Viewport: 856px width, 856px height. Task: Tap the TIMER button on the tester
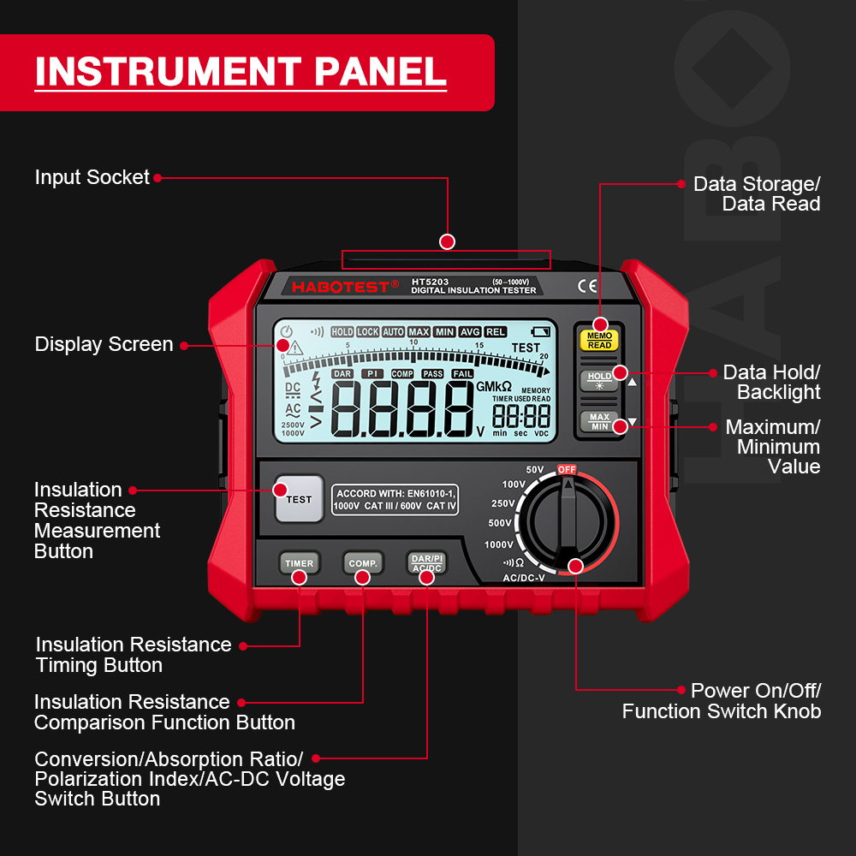(299, 562)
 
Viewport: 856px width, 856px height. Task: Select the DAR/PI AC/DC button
(426, 562)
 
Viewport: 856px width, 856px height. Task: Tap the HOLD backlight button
(599, 380)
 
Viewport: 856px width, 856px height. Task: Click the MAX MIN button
(599, 421)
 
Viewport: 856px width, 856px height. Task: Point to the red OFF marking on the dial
(567, 469)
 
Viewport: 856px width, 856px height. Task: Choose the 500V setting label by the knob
(500, 523)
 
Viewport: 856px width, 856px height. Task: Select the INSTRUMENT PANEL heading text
(241, 72)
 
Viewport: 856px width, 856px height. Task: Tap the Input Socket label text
(92, 177)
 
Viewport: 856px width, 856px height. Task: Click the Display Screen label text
(104, 344)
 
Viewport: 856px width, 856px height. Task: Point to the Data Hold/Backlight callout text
(770, 382)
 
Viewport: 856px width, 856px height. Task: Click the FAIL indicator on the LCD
(462, 374)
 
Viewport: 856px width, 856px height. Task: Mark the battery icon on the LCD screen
(541, 332)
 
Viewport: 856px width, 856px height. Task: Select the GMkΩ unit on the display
(493, 387)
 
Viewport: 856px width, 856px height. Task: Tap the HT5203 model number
(430, 282)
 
